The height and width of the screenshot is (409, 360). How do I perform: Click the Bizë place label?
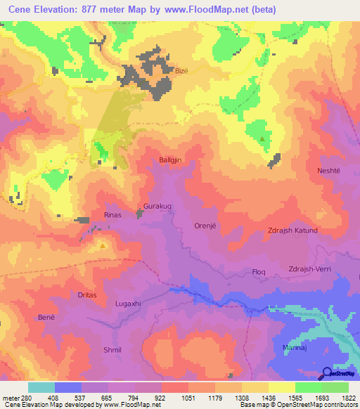[x=181, y=71]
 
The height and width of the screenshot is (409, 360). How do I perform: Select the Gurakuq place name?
[x=157, y=207]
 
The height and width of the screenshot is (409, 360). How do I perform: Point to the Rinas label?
[x=113, y=215]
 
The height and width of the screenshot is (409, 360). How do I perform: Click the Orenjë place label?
[x=207, y=226]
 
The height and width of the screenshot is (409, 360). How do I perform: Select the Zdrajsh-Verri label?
[x=314, y=268]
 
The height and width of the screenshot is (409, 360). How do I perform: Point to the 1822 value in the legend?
[x=349, y=397]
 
